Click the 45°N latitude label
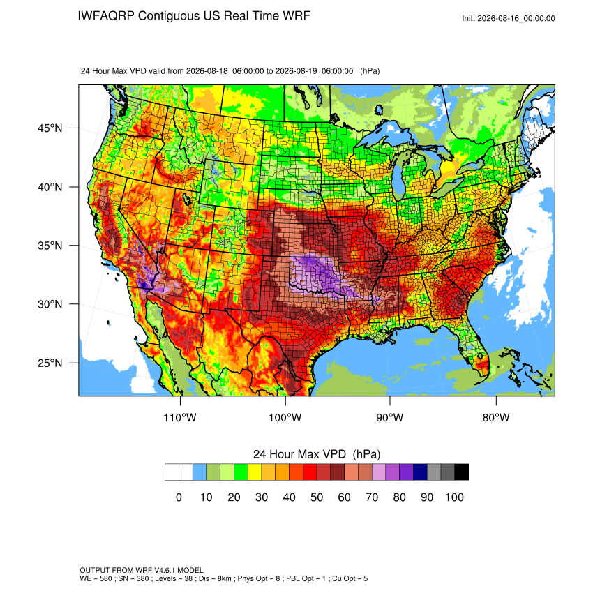click(50, 128)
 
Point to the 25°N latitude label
click(50, 363)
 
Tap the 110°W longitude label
click(180, 417)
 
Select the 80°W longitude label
click(496, 417)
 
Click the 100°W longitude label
click(285, 417)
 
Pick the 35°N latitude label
click(50, 246)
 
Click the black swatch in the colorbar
click(462, 472)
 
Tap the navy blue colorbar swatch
click(420, 472)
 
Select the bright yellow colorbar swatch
click(255, 472)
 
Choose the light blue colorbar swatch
click(200, 472)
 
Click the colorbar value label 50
click(317, 497)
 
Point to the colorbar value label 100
click(454, 497)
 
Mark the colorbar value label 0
click(179, 497)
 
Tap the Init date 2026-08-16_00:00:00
click(516, 18)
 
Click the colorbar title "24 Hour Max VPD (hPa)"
click(317, 454)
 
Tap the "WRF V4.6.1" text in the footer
click(157, 570)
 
